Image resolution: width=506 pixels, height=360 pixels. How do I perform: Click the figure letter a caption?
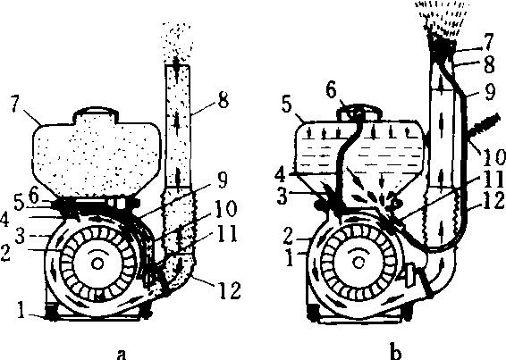point(122,354)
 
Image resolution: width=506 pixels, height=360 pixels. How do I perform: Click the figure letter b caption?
point(396,352)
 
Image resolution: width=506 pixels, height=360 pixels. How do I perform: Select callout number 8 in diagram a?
point(223,100)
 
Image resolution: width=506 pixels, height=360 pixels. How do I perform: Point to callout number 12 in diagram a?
point(229,291)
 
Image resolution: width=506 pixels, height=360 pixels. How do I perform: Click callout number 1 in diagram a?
point(21,311)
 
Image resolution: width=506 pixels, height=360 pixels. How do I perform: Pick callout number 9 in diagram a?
point(222,180)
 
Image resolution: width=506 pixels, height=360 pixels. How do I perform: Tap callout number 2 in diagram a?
point(5,253)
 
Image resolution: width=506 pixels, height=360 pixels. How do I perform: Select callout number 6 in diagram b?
point(331,90)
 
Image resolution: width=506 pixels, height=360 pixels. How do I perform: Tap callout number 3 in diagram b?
point(283,197)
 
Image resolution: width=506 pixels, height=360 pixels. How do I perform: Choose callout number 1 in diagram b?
point(291,259)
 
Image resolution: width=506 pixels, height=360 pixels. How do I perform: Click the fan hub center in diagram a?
point(97,264)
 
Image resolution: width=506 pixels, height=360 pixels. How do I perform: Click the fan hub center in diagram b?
point(358,263)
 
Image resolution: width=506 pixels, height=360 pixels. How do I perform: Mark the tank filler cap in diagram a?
point(96,113)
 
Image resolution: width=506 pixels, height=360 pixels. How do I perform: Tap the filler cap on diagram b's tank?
point(359,113)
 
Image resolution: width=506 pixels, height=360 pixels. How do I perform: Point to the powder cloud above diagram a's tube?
point(177,43)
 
